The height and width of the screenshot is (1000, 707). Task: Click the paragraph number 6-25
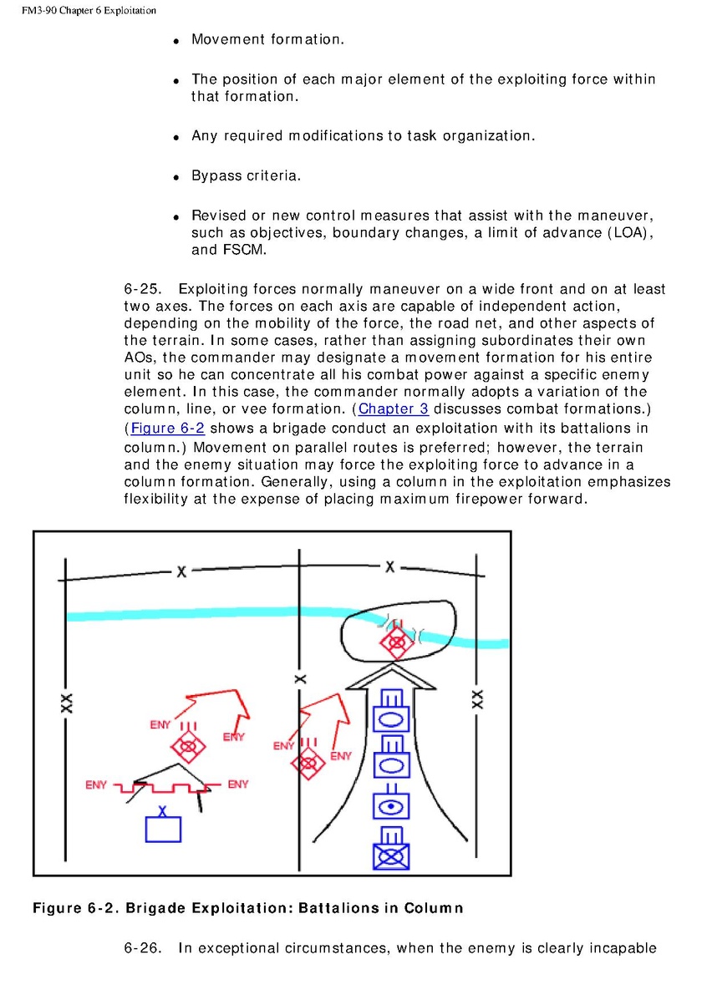coord(145,289)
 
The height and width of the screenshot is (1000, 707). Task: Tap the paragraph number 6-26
coord(145,947)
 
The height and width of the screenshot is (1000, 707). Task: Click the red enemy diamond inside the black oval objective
coord(394,642)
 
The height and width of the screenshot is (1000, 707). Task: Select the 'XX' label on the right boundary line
coord(477,698)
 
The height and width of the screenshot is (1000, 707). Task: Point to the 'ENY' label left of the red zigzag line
coord(96,785)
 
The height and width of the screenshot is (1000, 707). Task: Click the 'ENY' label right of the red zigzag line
coord(237,784)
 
